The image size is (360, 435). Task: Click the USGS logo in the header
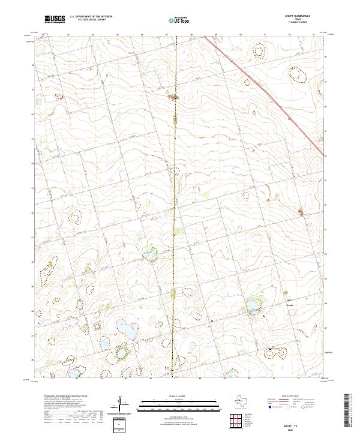56,20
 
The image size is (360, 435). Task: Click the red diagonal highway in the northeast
264,90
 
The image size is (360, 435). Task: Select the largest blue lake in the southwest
126,329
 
